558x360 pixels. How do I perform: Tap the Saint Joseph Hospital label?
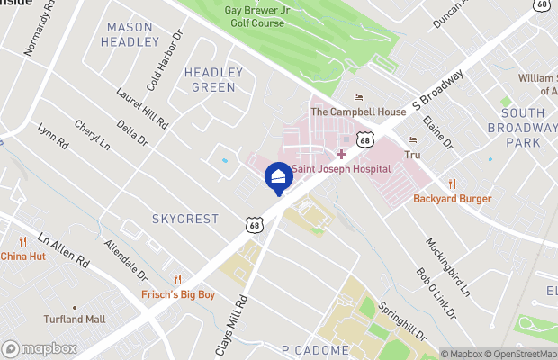click(x=340, y=168)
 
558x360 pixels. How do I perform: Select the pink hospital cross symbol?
click(x=341, y=155)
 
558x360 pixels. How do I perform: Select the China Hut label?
click(x=22, y=256)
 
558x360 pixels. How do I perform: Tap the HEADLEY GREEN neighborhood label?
click(x=213, y=79)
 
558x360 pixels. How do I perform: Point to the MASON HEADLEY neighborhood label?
click(x=130, y=34)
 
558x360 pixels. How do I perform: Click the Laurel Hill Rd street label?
click(x=143, y=108)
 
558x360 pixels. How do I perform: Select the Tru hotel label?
click(x=413, y=155)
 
